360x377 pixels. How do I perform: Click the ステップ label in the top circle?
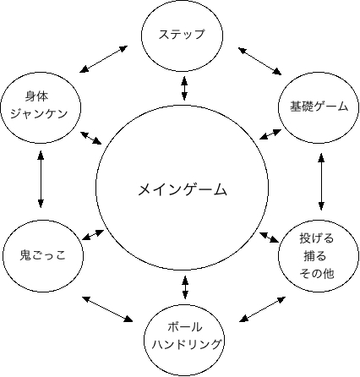(x=182, y=35)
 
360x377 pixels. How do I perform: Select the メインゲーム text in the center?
(x=183, y=189)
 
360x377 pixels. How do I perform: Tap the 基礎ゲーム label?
(x=319, y=107)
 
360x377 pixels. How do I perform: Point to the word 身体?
(x=37, y=96)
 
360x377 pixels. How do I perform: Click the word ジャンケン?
(x=39, y=113)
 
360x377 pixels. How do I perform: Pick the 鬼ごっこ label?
(x=43, y=255)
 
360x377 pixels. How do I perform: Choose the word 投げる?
(x=317, y=238)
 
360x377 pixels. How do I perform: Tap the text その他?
(x=317, y=273)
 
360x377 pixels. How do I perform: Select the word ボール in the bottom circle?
(x=185, y=327)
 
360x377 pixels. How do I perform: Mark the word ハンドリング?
(x=186, y=344)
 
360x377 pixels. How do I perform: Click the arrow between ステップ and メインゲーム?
(x=184, y=88)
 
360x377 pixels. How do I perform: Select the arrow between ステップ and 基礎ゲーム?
(x=259, y=61)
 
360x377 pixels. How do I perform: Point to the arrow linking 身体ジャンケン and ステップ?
(x=104, y=59)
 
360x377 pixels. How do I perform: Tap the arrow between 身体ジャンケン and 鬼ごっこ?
(x=41, y=179)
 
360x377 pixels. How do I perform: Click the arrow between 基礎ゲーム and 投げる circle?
(x=321, y=182)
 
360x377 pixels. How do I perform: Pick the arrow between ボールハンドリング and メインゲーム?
(x=185, y=287)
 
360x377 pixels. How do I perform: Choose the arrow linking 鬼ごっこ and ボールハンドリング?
(x=107, y=309)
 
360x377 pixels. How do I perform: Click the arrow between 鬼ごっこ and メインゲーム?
(x=93, y=235)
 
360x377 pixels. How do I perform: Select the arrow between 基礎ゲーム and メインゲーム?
(x=270, y=134)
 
